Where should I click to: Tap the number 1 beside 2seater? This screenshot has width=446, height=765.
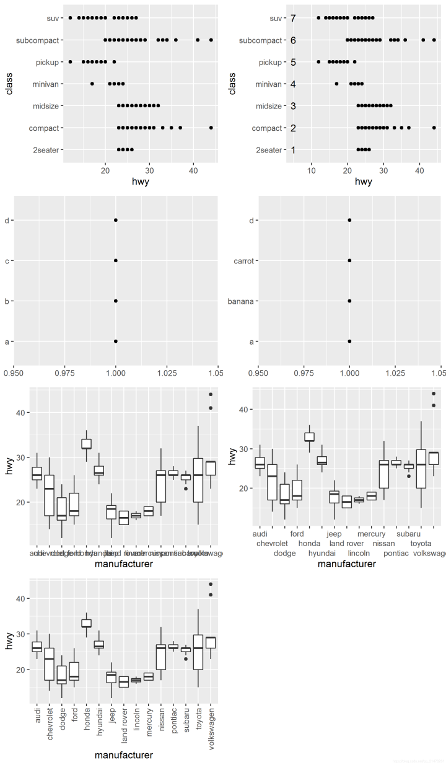tap(293, 149)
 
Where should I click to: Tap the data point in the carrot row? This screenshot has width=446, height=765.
tap(350, 260)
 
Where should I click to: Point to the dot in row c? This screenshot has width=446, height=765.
tap(116, 260)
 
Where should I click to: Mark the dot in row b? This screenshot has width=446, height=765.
tap(116, 301)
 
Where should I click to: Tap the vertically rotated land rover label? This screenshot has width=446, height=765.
tap(124, 723)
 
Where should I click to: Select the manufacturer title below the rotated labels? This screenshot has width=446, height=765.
tap(123, 755)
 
